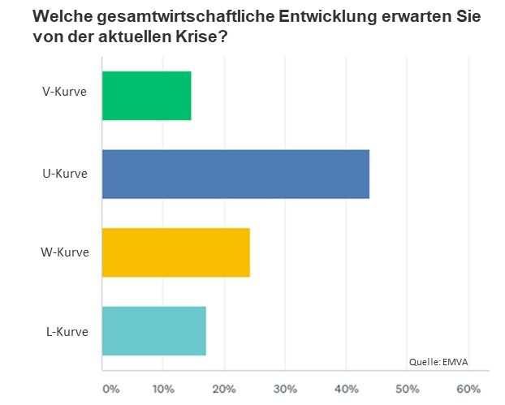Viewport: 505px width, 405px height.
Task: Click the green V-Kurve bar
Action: point(146,96)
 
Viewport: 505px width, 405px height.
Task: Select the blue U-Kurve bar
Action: point(235,174)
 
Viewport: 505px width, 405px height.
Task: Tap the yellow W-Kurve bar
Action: point(175,252)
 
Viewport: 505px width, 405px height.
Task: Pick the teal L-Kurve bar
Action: point(153,330)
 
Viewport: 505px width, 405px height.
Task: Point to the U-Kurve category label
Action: point(65,174)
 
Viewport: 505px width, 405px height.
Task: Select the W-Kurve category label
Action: point(65,252)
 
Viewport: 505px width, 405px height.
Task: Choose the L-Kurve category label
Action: point(67,330)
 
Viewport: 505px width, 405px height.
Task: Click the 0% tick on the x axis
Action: point(110,388)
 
